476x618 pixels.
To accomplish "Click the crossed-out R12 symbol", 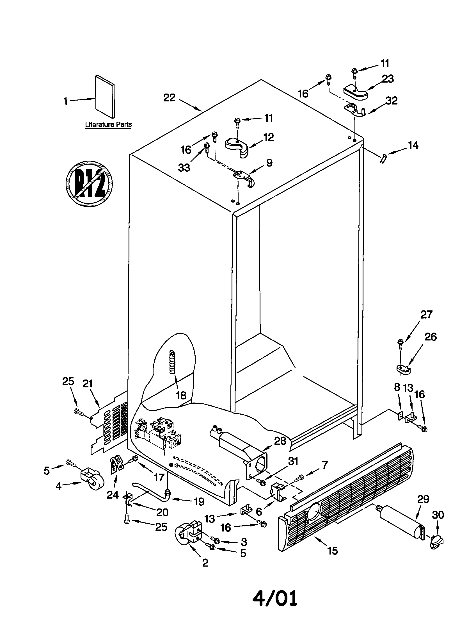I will [89, 184].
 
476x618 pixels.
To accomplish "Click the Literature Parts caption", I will [109, 124].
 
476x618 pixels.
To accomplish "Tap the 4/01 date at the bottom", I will [275, 597].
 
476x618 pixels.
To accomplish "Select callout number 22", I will [169, 98].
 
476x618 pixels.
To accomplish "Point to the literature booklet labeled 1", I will [105, 96].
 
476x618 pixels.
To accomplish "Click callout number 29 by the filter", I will [423, 499].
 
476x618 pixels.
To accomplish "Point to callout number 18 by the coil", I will [181, 396].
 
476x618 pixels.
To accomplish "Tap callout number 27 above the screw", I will [426, 315].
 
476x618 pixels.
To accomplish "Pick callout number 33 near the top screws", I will [184, 167].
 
